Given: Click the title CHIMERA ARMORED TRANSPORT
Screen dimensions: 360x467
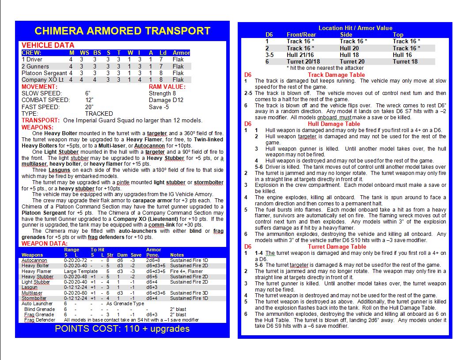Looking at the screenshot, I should coord(122,31).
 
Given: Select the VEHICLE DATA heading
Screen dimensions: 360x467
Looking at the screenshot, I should coord(48,45).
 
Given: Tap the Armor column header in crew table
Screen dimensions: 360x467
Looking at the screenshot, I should coord(181,53).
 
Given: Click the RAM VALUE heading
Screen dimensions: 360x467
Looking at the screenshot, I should coord(167,87).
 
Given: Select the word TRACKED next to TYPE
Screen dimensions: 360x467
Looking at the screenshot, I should coord(99,114).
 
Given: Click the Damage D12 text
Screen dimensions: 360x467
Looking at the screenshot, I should coord(166,100).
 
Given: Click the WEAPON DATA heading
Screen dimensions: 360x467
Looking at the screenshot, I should coord(45,243).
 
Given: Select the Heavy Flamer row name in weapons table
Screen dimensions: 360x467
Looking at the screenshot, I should coord(37,271).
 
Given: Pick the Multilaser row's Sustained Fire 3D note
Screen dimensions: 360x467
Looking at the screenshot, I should coord(189,293).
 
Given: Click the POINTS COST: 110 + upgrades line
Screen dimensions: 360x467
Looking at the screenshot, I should coord(122,329).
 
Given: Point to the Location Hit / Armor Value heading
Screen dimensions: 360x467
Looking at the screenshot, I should coord(349,28).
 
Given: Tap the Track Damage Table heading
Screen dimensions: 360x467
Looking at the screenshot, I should coord(336,75).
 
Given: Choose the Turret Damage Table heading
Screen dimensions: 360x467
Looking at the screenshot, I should coord(337,246).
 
